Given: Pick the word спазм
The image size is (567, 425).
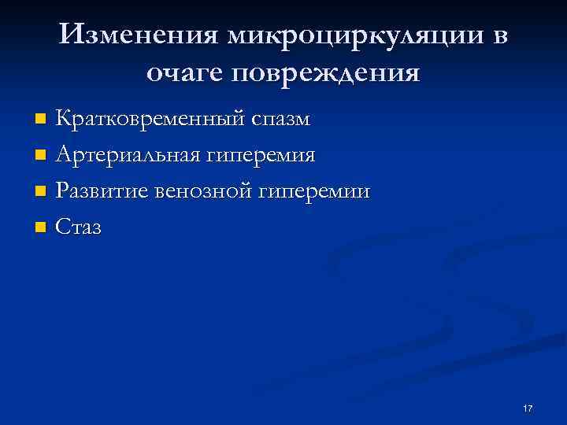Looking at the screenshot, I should click(x=281, y=120).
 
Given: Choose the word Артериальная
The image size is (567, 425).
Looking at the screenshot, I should click(x=128, y=155).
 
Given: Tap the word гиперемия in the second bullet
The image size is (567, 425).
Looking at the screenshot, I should click(x=261, y=155).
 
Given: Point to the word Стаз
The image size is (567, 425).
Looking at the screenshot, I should click(x=80, y=227).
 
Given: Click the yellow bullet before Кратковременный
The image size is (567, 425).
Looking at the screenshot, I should click(x=41, y=120).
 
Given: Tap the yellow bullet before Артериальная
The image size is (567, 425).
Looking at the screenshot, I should click(x=41, y=156).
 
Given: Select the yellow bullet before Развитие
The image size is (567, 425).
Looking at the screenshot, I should click(x=41, y=192).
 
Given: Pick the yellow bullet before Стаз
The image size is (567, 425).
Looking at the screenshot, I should click(x=41, y=228).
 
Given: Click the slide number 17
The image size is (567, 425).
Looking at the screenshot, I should click(x=528, y=408).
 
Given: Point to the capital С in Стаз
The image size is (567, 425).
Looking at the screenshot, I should click(x=64, y=227).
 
